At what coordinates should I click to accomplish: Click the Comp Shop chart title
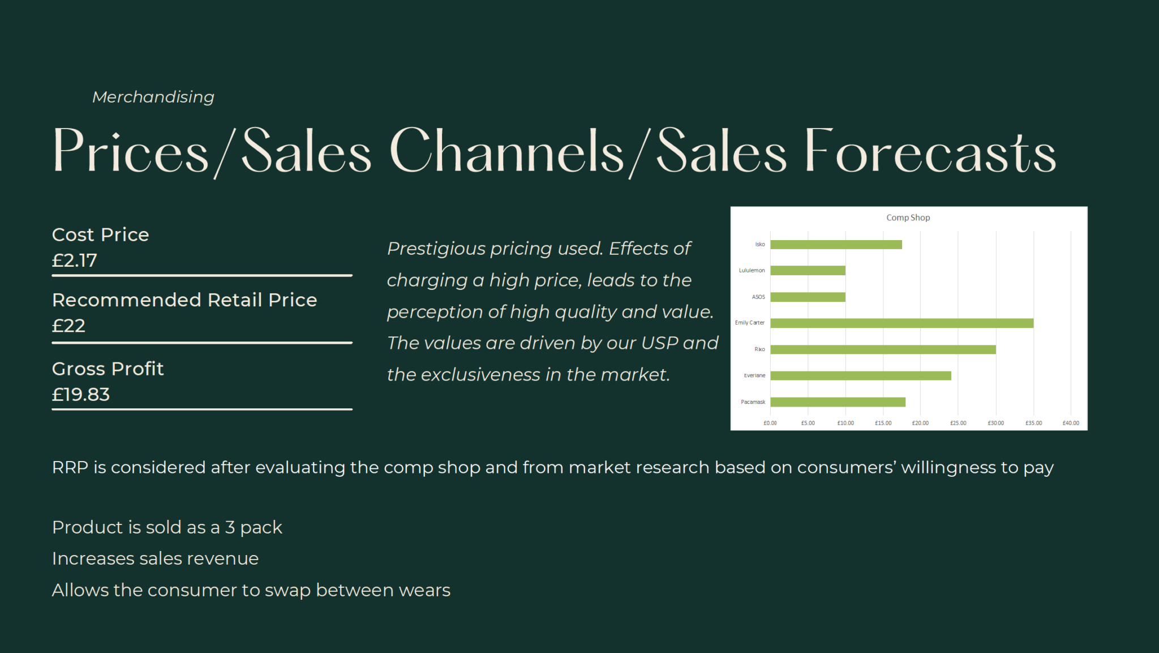coord(908,217)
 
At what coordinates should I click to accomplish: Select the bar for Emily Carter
coord(902,323)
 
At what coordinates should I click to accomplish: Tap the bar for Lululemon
coord(808,271)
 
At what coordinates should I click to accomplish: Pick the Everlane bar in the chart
coord(861,375)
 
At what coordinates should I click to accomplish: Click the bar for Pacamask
coord(838,402)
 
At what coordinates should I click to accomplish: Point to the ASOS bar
coord(808,297)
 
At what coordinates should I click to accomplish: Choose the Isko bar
coord(836,245)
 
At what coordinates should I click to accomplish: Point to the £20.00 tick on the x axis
coord(920,423)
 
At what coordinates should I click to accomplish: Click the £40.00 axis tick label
coord(1071,423)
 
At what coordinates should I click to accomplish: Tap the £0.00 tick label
coord(770,423)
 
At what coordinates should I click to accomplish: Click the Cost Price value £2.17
coord(75,261)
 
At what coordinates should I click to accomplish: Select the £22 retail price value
coord(68,326)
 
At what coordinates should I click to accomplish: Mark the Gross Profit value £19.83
coord(81,394)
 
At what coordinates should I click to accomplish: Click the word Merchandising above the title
coord(153,97)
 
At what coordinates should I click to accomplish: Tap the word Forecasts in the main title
coord(930,150)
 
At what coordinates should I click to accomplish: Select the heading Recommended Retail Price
coord(184,300)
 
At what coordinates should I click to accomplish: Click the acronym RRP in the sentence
coord(70,467)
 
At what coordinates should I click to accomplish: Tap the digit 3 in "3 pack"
coord(230,527)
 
